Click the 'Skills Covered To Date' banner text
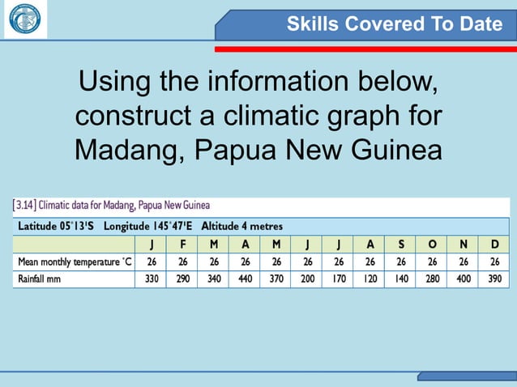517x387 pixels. click(395, 24)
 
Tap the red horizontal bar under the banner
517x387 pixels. click(365, 49)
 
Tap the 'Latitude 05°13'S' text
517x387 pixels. click(56, 226)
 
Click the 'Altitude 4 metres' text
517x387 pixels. click(241, 226)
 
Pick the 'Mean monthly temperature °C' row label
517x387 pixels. click(75, 262)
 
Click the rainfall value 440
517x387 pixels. click(245, 279)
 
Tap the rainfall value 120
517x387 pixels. click(370, 279)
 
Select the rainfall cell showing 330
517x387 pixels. click(151, 279)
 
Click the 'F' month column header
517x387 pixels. click(182, 244)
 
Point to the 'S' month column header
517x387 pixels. click(401, 244)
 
